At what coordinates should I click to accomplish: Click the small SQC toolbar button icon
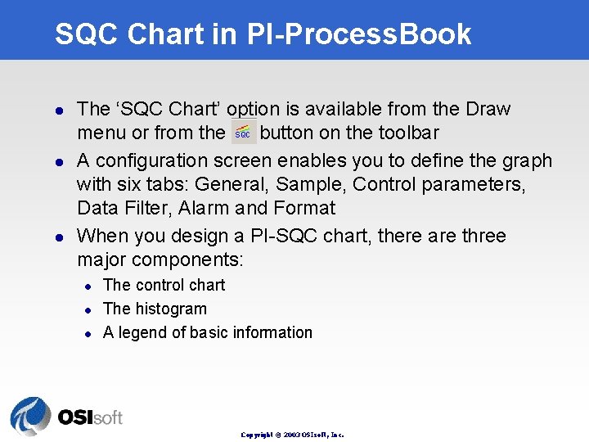244,132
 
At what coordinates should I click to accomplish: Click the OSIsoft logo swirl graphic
30,416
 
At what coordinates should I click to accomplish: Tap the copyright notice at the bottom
292,435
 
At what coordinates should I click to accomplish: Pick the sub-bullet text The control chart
164,285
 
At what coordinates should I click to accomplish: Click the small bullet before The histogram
88,309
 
